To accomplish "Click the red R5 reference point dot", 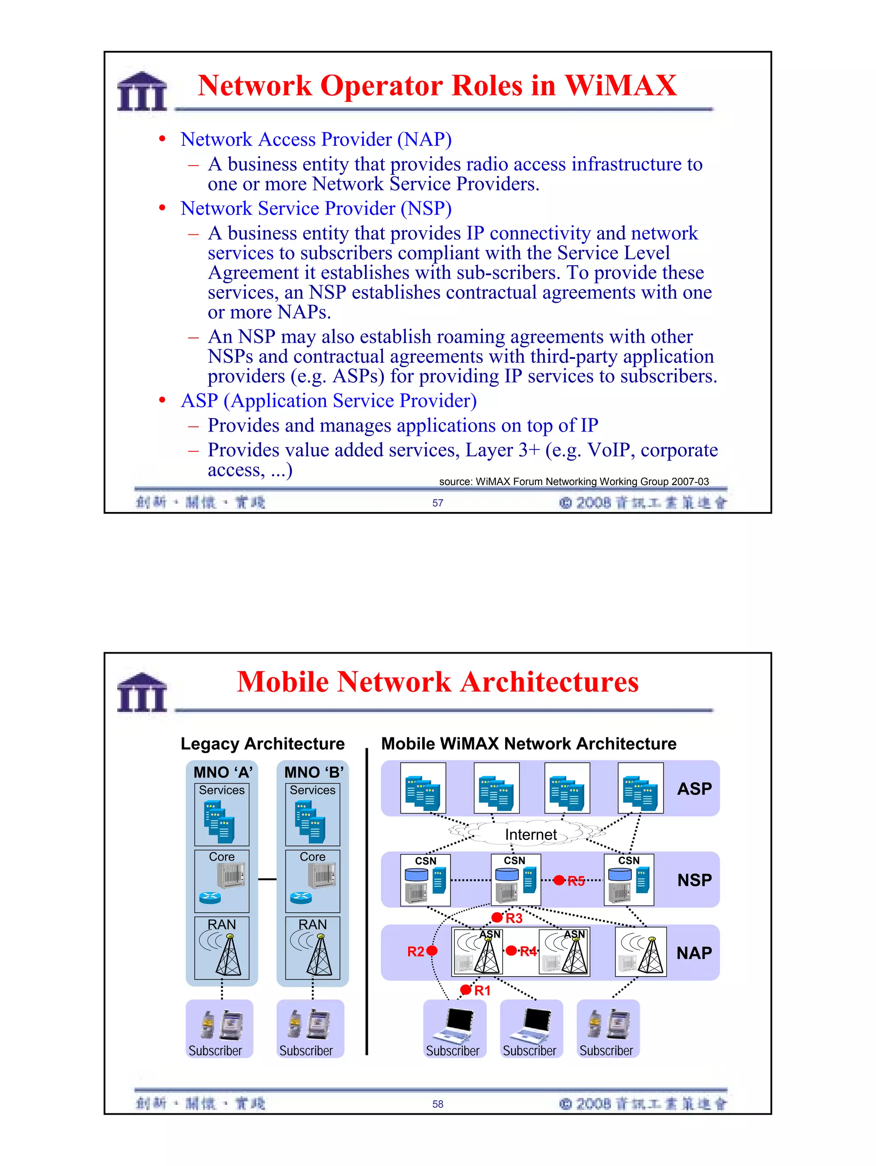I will pos(559,880).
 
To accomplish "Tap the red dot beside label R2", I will pos(432,951).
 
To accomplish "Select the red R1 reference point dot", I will pos(465,990).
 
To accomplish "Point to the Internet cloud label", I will pos(530,835).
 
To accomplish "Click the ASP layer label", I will pos(694,789).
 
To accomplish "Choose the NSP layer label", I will pos(694,880).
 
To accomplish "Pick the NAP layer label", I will pos(694,953).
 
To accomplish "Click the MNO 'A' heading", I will pos(222,772).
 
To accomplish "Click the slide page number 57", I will pos(438,503).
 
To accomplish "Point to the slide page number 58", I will pos(438,1104).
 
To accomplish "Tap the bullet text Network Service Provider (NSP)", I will pos(316,208).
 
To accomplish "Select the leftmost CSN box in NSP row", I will pos(425,880).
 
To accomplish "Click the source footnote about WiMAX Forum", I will pos(574,481).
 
